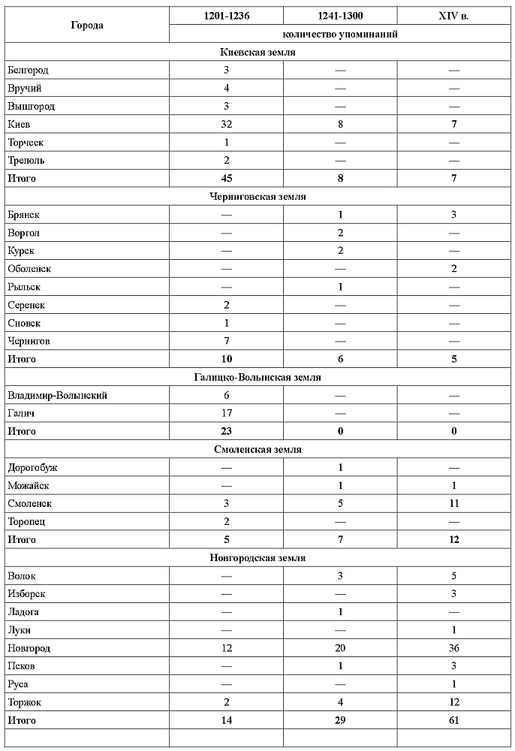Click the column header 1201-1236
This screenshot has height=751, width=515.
(226, 16)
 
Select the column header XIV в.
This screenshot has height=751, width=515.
(453, 16)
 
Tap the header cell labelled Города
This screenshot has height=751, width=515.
(87, 25)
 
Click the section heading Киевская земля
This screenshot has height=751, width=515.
(257, 53)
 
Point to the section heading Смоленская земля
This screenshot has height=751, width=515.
(257, 450)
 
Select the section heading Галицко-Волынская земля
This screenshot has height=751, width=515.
(257, 377)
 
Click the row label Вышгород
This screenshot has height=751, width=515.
(31, 107)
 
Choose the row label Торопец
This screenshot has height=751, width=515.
(28, 522)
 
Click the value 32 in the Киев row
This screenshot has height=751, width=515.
(226, 125)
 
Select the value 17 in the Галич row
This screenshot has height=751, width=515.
(226, 414)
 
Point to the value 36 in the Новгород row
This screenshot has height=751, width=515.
(453, 649)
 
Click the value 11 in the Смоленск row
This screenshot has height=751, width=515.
(453, 504)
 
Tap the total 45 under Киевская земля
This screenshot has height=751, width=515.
(226, 179)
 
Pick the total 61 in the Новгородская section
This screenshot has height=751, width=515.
(453, 721)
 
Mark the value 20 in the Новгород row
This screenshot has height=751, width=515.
(340, 649)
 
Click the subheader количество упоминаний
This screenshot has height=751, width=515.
(340, 34)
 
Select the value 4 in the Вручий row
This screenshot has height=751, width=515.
(226, 89)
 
